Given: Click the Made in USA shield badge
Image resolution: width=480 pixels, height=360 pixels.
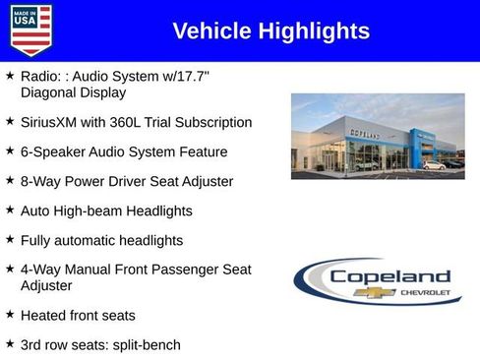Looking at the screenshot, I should (x=30, y=30).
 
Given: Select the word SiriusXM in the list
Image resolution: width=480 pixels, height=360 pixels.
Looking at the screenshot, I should (x=51, y=123).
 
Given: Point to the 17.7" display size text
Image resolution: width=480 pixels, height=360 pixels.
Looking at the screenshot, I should (x=216, y=76).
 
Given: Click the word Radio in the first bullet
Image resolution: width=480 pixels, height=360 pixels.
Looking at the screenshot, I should (x=39, y=76).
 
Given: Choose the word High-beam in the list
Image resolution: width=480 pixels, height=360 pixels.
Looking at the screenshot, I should (x=87, y=210).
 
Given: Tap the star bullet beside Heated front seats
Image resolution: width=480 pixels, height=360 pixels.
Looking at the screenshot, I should (x=10, y=315).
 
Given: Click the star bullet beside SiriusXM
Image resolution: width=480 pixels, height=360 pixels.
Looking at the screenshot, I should (x=10, y=122).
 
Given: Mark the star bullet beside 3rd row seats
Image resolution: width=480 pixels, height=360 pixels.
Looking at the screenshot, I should (x=10, y=344).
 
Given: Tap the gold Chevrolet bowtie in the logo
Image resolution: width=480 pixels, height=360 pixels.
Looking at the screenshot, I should (x=381, y=292).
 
